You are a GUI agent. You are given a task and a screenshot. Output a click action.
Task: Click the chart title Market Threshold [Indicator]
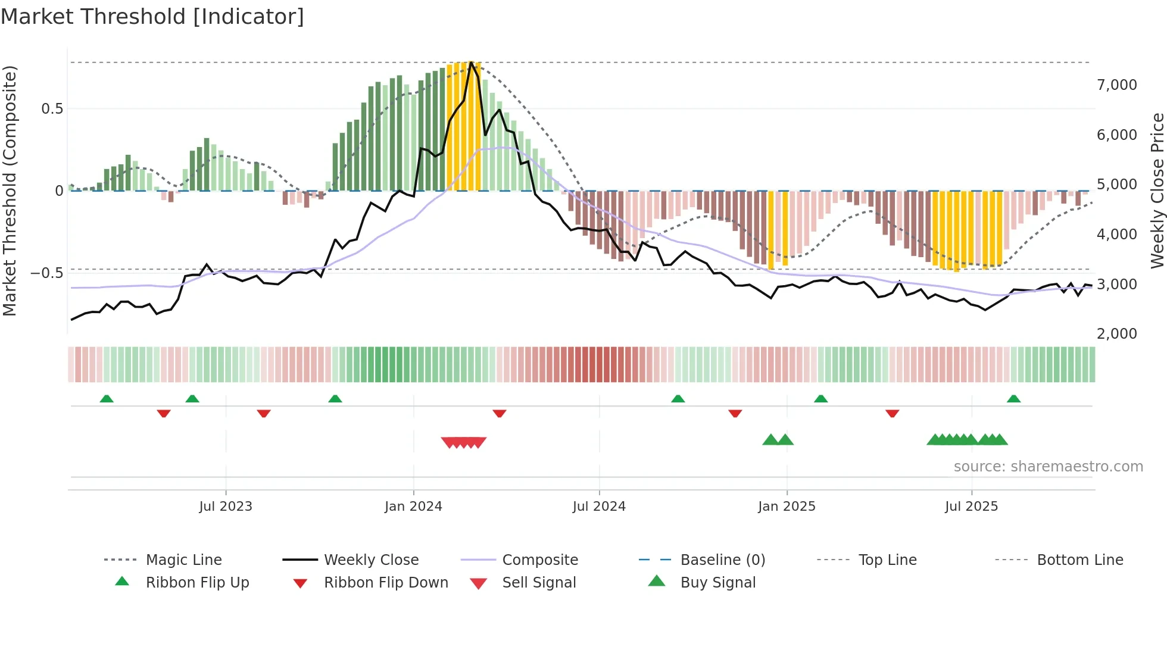pos(152,17)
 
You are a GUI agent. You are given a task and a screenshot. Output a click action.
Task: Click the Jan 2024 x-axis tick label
pos(413,506)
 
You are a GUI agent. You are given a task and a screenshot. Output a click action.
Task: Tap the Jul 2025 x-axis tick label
pos(971,506)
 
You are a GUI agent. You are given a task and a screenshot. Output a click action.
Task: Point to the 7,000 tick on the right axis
pos(1116,85)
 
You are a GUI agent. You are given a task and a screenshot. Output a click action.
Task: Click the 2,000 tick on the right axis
pos(1116,334)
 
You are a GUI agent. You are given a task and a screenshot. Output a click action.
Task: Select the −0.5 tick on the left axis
pos(46,273)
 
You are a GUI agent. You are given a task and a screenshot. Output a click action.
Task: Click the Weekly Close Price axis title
pos(1157,190)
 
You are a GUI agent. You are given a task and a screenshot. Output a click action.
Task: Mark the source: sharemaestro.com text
pos(1048,466)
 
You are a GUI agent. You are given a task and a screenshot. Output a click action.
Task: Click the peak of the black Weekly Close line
pos(471,63)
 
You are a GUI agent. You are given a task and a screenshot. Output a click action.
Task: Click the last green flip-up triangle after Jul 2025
pos(1013,399)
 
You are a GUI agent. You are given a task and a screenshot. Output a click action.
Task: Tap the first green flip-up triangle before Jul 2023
pos(107,399)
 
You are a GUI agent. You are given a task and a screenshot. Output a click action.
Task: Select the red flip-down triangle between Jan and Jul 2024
pos(500,413)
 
